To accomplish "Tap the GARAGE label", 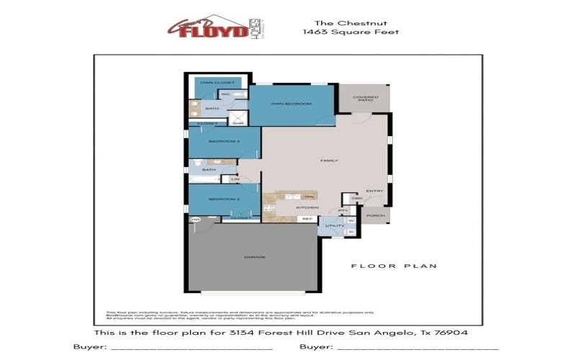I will (255, 257).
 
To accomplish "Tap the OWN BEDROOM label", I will (291, 104).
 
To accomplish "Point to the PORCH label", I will (375, 215).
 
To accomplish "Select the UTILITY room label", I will (334, 226).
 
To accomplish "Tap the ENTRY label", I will (374, 191).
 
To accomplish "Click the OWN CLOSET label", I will (217, 83).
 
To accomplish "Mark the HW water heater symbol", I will (194, 220).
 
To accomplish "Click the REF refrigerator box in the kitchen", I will (307, 218).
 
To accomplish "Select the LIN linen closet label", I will (234, 179).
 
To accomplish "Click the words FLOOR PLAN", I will (394, 266).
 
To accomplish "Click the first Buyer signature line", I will (190, 347).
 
